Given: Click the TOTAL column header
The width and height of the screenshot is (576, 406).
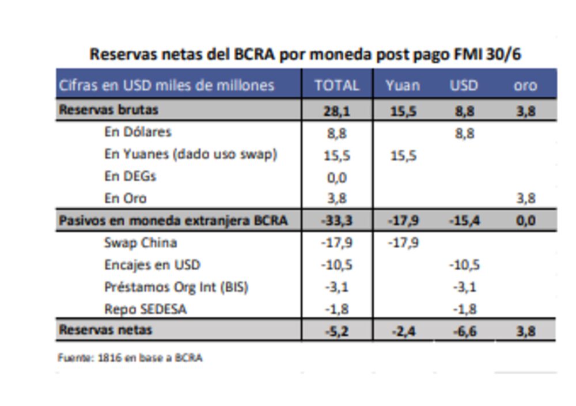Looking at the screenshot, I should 337,86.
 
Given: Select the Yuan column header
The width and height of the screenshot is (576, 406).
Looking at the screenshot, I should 403,86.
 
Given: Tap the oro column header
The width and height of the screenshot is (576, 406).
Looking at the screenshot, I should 525,86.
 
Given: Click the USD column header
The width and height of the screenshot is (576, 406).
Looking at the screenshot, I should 464,86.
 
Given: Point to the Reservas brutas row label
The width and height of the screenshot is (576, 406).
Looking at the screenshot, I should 108,109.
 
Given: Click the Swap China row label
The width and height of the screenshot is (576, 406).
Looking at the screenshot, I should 140,242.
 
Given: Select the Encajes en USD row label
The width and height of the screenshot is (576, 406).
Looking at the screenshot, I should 152,265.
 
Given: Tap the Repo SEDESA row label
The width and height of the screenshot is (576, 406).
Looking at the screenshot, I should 145,309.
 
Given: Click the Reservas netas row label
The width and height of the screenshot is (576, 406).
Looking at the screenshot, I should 105,330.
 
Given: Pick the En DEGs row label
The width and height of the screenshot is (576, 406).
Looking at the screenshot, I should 130,176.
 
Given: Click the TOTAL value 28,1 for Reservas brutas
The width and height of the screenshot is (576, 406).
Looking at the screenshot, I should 337,111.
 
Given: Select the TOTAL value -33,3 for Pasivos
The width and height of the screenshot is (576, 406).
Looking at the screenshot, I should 336,221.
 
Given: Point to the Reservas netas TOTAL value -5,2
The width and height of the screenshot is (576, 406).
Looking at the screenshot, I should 337,331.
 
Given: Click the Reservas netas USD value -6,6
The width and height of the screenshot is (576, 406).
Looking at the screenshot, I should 464,331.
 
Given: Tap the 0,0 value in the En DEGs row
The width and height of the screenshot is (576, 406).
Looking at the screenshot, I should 337,177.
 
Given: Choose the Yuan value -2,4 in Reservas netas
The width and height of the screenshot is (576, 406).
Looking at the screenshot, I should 403,331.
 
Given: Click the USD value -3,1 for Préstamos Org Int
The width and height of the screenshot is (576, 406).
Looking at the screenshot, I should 464,287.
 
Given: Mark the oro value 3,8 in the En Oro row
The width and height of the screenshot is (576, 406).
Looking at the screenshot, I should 525,199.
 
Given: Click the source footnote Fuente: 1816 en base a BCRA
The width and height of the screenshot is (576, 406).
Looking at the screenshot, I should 130,358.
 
